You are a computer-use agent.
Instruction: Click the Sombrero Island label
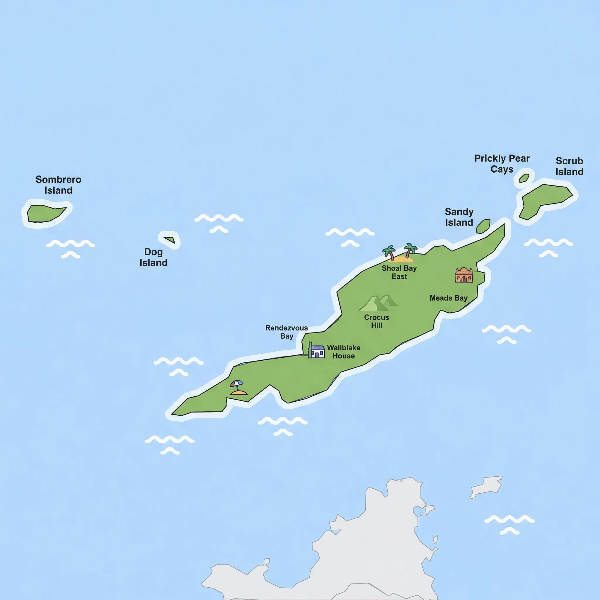[x=58, y=185]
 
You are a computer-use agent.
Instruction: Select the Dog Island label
[x=154, y=257]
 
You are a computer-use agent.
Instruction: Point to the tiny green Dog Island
[x=170, y=240]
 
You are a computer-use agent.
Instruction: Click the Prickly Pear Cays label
[x=502, y=164]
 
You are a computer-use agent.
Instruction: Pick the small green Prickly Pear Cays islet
[x=524, y=178]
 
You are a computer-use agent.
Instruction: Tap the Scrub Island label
[x=569, y=166]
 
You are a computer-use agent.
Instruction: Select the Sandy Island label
[x=459, y=217]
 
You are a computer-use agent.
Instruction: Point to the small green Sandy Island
[x=483, y=226]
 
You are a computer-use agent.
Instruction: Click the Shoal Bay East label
[x=399, y=272]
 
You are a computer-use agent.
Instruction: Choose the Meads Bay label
[x=449, y=298]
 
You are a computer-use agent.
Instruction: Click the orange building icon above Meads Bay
[x=464, y=275]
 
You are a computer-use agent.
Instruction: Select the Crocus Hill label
[x=376, y=321]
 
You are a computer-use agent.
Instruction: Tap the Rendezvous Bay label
[x=286, y=332]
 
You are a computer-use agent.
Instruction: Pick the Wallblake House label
[x=343, y=352]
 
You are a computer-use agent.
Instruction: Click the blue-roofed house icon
[x=316, y=351]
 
